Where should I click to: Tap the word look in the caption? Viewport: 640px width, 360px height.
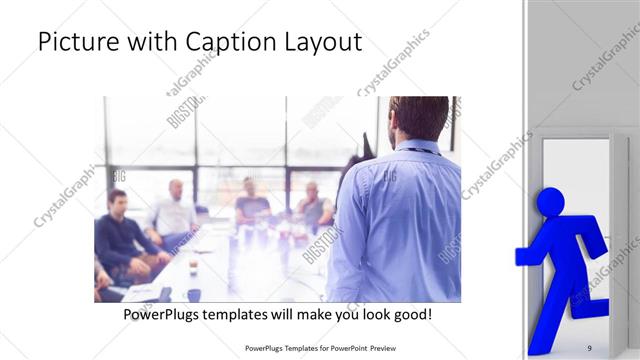tap(369, 314)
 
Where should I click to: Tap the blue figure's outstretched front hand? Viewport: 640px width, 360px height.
tap(523, 257)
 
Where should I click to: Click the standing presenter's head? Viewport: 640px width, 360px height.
tap(419, 118)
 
